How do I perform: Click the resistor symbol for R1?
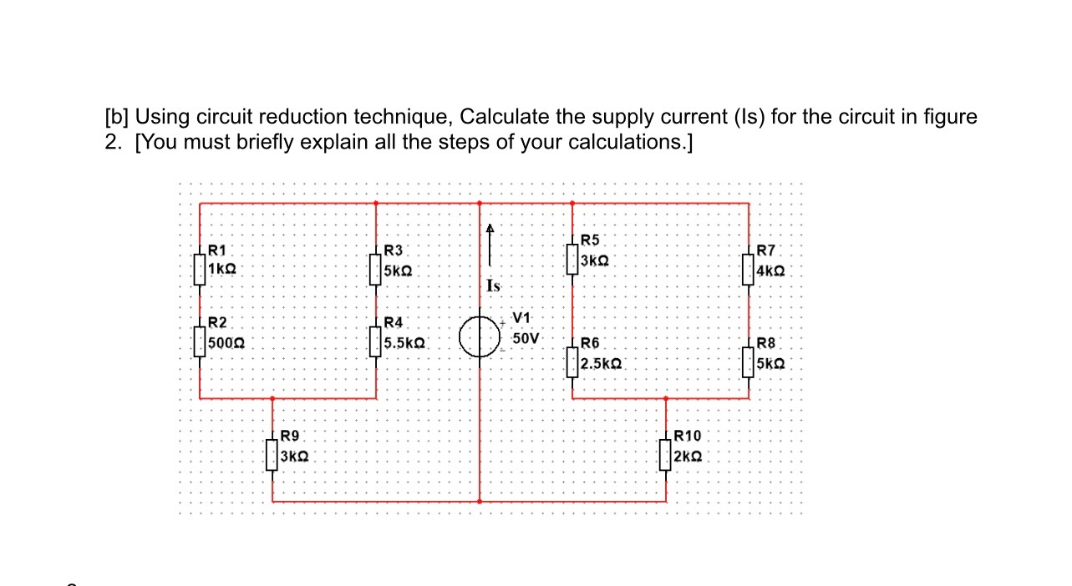coord(200,269)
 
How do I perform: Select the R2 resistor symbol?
coord(200,341)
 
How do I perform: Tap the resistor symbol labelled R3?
coord(376,270)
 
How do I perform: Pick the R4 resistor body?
coord(376,341)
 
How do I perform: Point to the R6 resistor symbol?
coord(572,362)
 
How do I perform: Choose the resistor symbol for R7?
coord(749,270)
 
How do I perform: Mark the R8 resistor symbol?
coord(749,362)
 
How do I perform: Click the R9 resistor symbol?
coord(272,455)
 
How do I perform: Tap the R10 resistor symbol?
coord(666,455)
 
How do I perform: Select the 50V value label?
coord(526,339)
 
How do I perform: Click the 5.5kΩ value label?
coord(405,343)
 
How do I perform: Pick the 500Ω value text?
coord(226,343)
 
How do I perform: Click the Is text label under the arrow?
coord(493,286)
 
